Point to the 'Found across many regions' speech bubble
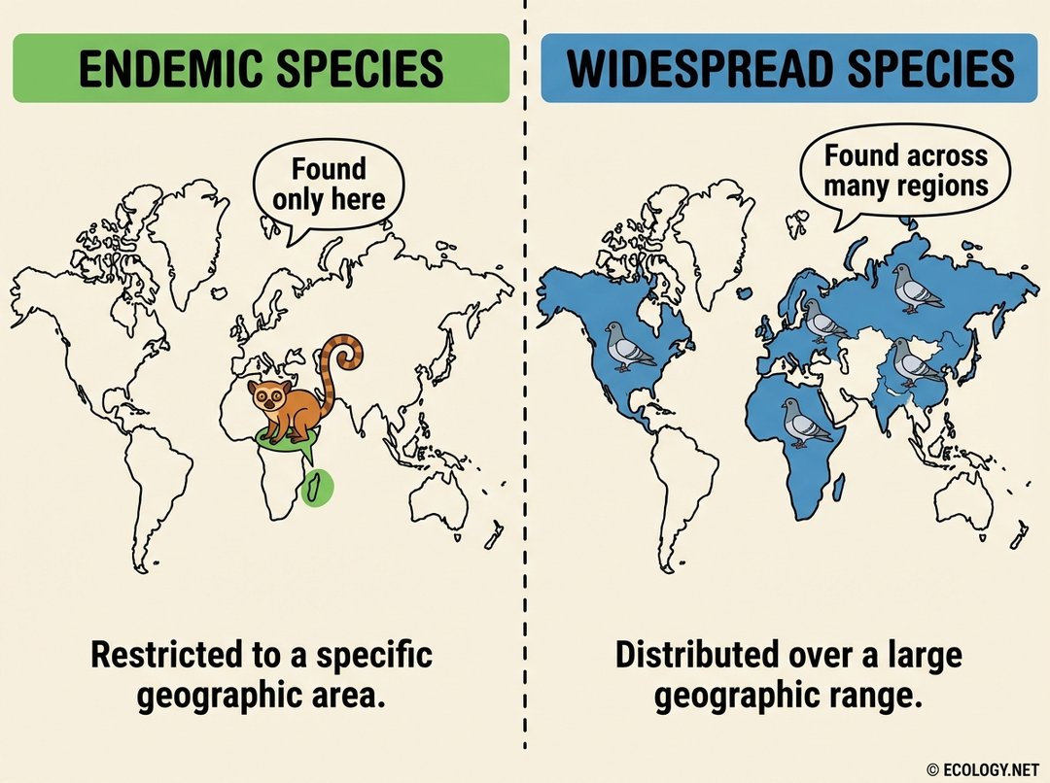[x=906, y=171]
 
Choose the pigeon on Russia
[x=916, y=289]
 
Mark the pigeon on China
[x=913, y=362]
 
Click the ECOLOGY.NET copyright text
[x=984, y=769]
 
